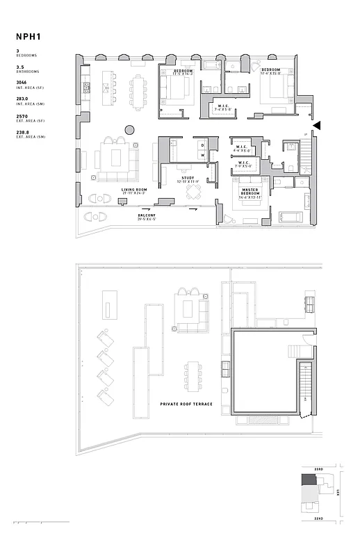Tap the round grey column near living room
[129, 129]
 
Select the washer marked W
[203, 156]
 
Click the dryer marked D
[203, 145]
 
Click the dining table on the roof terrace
[191, 376]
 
